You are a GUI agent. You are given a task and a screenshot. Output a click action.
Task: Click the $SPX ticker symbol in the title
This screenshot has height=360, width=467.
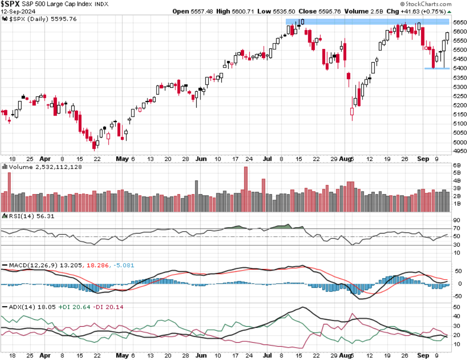pos(10,4)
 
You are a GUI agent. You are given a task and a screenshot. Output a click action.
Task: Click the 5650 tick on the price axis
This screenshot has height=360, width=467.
pos(458,22)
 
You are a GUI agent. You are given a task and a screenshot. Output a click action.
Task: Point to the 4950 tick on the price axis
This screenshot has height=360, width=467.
pos(458,151)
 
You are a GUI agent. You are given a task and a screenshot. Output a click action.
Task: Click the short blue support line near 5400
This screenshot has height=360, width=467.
pos(437,69)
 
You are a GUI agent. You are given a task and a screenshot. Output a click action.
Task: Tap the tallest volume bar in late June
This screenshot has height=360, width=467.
pos(246,188)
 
